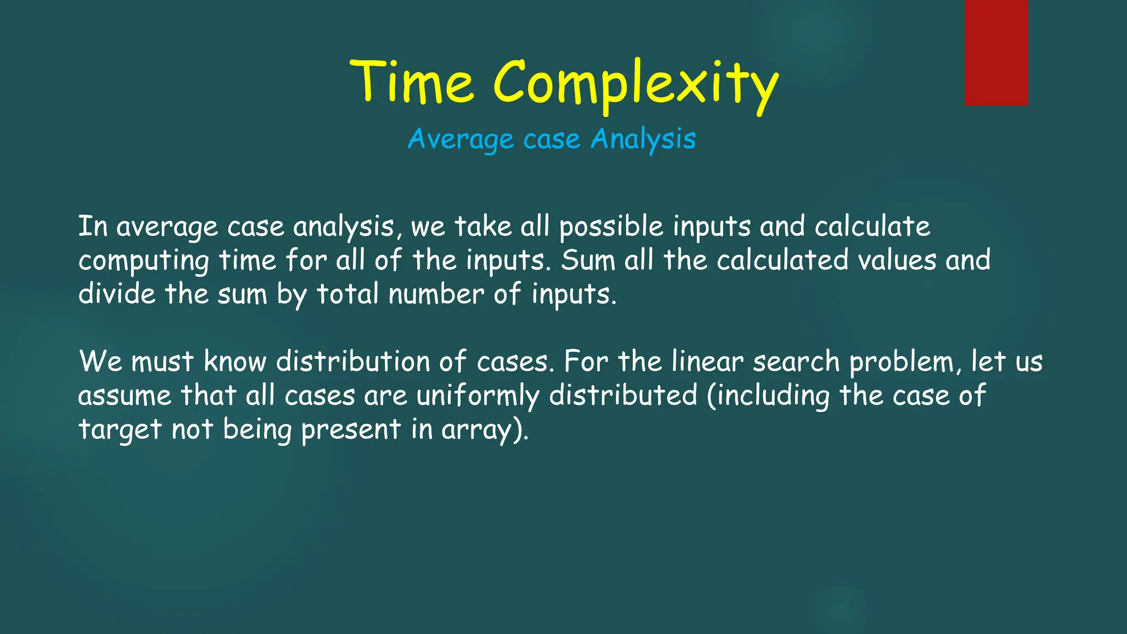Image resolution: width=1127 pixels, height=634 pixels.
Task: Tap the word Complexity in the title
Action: (636, 85)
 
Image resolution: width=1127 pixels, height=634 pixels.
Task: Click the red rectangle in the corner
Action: (996, 52)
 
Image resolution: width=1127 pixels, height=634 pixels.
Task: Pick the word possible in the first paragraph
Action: (611, 227)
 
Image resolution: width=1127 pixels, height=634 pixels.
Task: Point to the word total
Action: (348, 294)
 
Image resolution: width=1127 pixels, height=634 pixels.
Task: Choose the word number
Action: (436, 294)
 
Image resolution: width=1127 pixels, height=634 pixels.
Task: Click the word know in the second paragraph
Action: (235, 362)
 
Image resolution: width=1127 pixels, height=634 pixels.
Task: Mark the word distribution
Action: (353, 362)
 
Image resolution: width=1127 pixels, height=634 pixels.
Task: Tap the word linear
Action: (707, 362)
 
